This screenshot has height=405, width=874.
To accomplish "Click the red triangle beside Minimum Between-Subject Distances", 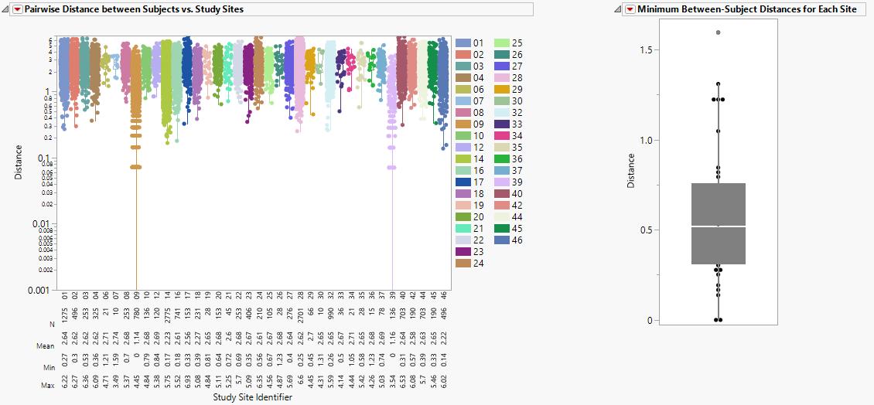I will pos(630,9).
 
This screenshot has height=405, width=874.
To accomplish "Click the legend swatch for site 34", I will pos(500,136).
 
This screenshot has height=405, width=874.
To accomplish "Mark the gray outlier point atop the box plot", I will pos(718,32).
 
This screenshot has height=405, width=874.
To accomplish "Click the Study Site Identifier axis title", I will pos(254,398).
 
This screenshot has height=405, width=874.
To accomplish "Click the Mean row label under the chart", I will pos(46,346).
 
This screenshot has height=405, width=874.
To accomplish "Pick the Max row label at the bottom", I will pos(46,384).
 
